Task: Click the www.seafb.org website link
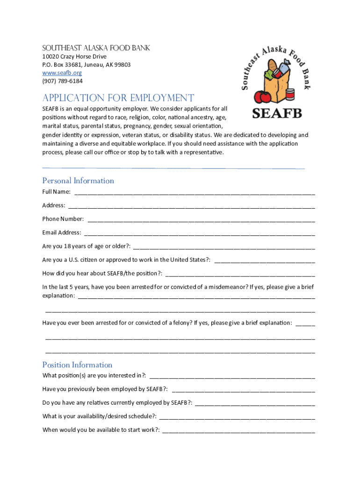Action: (62, 73)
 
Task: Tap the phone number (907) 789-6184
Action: (62, 81)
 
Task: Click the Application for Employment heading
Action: (118, 98)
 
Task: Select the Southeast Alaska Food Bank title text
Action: (96, 48)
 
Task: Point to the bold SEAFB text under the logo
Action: (277, 113)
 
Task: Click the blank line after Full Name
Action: (194, 192)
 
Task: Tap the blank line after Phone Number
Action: (201, 219)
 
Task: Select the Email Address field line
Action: (199, 233)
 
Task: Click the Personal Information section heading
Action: (78, 181)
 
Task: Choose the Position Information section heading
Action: (77, 365)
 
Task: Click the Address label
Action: (53, 205)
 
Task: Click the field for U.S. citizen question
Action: (264, 260)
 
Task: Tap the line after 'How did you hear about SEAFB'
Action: (240, 274)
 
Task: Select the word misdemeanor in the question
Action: (223, 287)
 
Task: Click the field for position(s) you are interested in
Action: (232, 376)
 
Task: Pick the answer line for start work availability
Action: (238, 430)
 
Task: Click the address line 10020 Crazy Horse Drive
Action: (74, 57)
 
